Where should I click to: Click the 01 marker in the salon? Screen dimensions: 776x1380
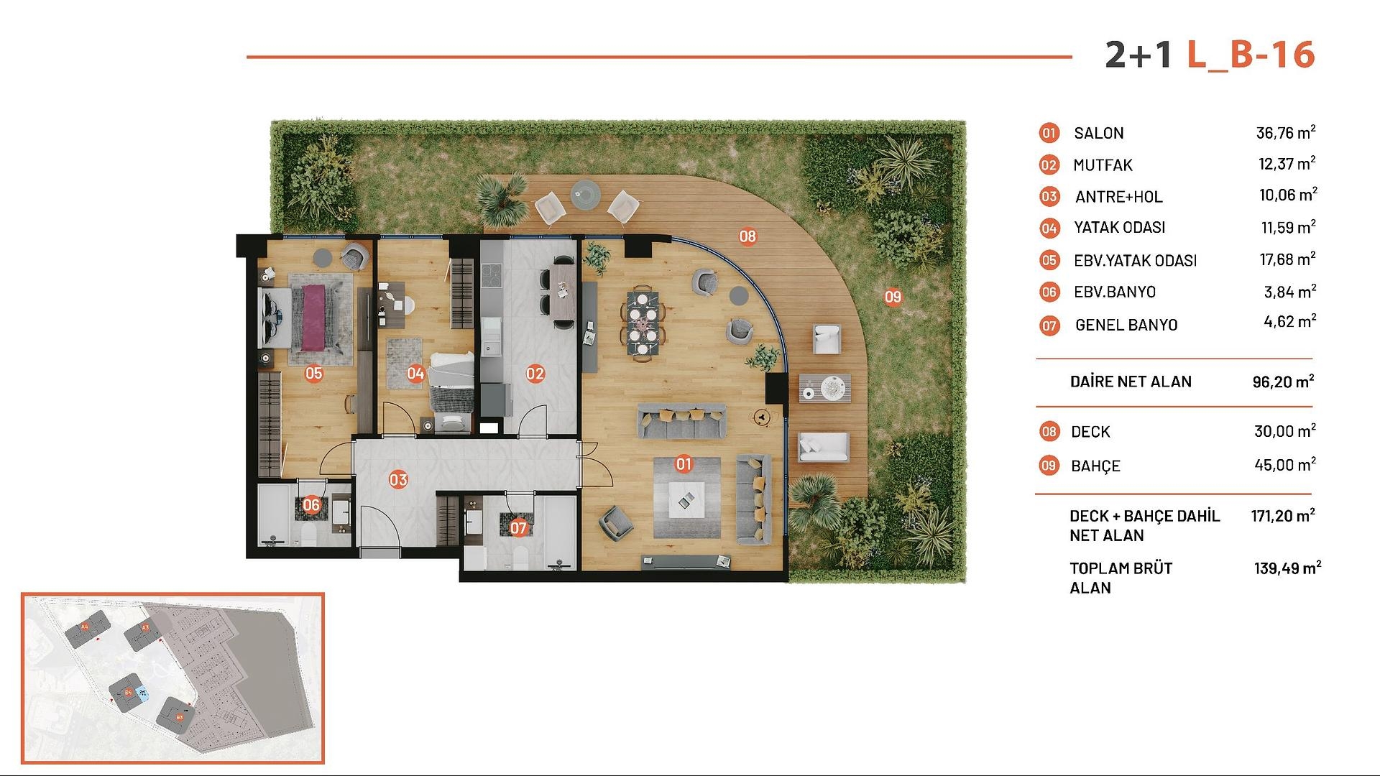tap(684, 464)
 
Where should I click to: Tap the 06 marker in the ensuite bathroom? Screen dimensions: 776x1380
tap(311, 505)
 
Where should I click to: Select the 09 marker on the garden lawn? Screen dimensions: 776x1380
tap(893, 297)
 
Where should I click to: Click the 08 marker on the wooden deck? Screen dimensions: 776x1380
tap(747, 236)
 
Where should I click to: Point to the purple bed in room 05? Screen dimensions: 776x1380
tap(313, 318)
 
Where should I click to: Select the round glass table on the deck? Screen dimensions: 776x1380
tap(584, 193)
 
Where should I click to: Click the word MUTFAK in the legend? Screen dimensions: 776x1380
tap(1103, 165)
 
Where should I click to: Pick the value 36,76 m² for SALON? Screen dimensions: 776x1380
tap(1285, 133)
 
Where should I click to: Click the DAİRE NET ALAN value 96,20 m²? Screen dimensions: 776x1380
tap(1283, 382)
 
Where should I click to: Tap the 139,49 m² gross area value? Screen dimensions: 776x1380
tap(1287, 568)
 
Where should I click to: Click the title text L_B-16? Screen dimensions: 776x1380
tap(1251, 55)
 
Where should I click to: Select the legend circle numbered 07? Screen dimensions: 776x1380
tap(1049, 325)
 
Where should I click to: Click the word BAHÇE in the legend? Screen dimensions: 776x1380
tap(1095, 466)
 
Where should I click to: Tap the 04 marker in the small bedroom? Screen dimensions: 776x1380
tap(415, 373)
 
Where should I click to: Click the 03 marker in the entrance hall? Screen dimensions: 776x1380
tap(398, 479)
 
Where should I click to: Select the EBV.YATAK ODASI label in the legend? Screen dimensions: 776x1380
tap(1135, 260)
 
